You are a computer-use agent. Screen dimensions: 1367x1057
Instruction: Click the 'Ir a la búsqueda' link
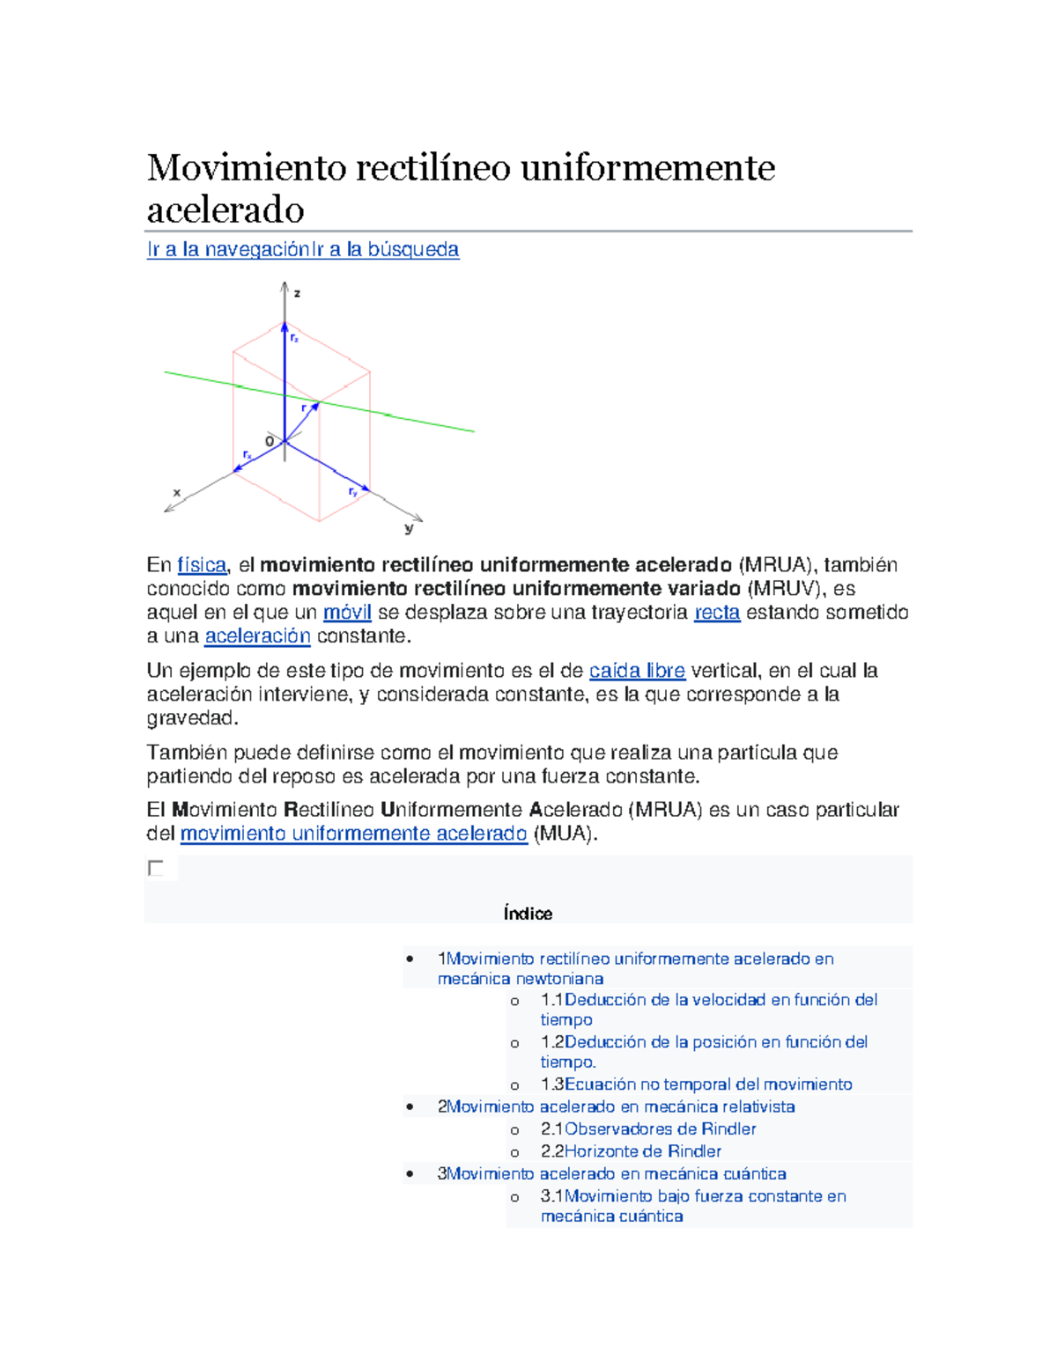[385, 250]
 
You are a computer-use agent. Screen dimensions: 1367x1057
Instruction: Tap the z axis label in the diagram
[298, 293]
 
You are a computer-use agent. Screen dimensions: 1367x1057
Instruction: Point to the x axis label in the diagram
[176, 493]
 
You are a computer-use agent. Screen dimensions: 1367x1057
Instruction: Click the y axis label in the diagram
[409, 528]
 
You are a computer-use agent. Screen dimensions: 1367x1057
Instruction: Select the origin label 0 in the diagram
[270, 441]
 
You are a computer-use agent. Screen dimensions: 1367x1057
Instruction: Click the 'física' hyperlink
[202, 565]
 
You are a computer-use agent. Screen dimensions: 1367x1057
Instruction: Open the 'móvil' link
[347, 613]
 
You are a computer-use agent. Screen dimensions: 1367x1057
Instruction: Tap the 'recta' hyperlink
[717, 613]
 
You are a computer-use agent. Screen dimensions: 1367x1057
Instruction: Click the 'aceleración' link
[257, 636]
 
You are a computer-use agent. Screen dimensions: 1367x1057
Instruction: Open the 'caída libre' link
[637, 671]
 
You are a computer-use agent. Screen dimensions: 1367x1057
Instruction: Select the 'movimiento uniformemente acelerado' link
[353, 834]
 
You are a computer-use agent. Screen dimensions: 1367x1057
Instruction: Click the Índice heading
[528, 914]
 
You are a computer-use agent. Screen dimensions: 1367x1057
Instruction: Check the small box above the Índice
[156, 869]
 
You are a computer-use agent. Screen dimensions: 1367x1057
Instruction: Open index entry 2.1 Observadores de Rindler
[660, 1129]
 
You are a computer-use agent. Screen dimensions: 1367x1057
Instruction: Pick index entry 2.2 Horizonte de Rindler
[642, 1151]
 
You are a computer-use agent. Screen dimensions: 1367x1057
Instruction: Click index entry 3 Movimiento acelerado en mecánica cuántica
[616, 1174]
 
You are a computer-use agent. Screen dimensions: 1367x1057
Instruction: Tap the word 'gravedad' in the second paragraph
[191, 718]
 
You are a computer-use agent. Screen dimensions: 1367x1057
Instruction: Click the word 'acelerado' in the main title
[225, 210]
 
